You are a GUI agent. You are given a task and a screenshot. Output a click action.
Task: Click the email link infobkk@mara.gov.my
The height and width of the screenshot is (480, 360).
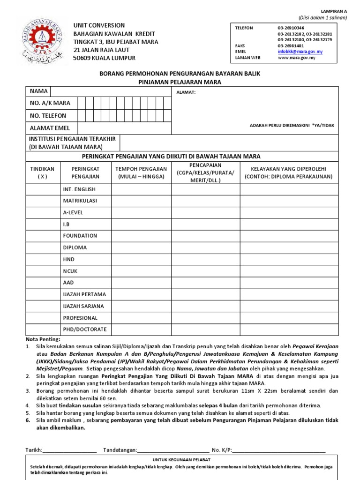[300, 52]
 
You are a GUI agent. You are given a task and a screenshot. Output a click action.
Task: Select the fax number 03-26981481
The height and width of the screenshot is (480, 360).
[291, 46]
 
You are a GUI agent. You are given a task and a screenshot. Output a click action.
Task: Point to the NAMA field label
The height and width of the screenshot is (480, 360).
[39, 91]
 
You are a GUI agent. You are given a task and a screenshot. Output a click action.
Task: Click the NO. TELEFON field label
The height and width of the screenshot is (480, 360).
[48, 115]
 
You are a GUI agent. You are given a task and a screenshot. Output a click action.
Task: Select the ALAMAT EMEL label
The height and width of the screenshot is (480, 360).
[50, 128]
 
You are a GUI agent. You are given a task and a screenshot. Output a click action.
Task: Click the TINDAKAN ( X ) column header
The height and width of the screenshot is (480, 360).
[42, 172]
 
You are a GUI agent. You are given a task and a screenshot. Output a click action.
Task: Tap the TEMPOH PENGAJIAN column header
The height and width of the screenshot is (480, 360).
[141, 172]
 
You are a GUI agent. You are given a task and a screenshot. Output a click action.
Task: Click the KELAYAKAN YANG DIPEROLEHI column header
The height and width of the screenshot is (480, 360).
[288, 172]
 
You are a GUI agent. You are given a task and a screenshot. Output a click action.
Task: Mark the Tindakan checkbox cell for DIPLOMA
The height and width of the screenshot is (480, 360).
[42, 247]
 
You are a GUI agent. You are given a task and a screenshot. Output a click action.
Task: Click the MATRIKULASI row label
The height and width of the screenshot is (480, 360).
[80, 201]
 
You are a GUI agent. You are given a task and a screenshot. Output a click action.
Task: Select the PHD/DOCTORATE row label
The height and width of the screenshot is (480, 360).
[85, 330]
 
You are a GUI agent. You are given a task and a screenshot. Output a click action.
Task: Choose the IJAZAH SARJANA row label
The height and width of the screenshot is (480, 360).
[83, 306]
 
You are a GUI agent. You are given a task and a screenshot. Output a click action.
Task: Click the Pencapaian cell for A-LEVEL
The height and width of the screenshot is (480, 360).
[205, 212]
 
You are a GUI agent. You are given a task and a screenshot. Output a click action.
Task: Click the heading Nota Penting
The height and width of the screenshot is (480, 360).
[43, 339]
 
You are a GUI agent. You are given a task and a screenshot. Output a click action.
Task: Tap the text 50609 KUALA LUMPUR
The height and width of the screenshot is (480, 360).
[105, 58]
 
